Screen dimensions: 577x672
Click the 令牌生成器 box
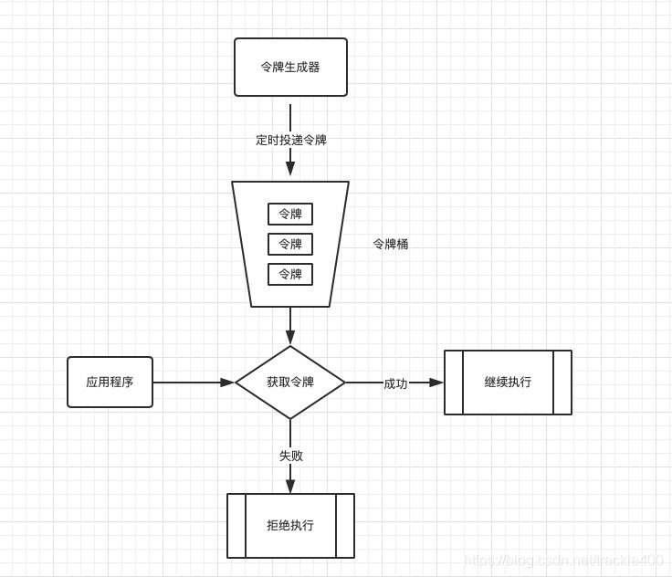(x=290, y=67)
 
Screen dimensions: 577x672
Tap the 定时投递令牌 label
(x=290, y=140)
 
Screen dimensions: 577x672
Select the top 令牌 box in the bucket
(x=290, y=214)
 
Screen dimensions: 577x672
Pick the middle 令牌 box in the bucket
(x=290, y=244)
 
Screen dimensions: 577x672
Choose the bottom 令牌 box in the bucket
(x=290, y=274)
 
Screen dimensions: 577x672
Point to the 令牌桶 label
(x=391, y=244)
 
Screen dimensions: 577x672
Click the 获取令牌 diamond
(x=290, y=383)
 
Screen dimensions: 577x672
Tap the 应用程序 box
(x=110, y=382)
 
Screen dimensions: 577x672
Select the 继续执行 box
(x=508, y=383)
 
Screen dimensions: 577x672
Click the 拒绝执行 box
(x=290, y=526)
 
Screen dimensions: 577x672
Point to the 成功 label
(x=395, y=383)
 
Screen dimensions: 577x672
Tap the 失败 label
(x=290, y=456)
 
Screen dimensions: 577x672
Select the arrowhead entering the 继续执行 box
(x=436, y=383)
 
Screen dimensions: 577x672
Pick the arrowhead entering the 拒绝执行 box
(x=290, y=487)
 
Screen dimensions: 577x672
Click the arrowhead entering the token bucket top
(x=290, y=169)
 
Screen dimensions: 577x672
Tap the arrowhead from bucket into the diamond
(x=290, y=338)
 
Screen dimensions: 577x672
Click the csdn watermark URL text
(x=563, y=560)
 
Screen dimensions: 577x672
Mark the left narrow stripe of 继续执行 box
(x=454, y=383)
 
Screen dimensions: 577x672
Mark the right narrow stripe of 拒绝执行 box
(x=345, y=526)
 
